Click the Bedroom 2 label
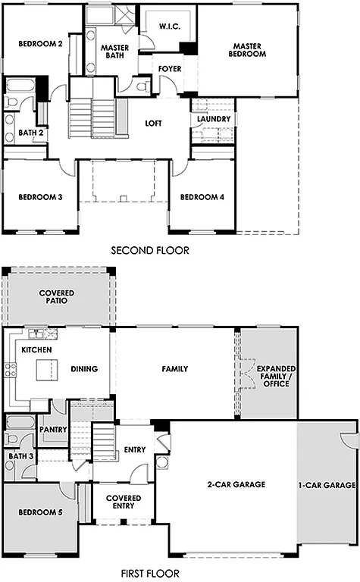pyautogui.click(x=40, y=43)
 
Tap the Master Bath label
pyautogui.click(x=114, y=52)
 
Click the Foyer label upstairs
pyautogui.click(x=169, y=69)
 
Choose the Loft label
pyautogui.click(x=155, y=124)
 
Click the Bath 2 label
pyautogui.click(x=30, y=133)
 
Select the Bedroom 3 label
pyautogui.click(x=40, y=198)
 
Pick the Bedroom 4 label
pyautogui.click(x=202, y=198)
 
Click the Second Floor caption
pyautogui.click(x=150, y=249)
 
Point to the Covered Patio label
pyautogui.click(x=58, y=296)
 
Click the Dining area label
pyautogui.click(x=84, y=369)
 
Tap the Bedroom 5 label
pyautogui.click(x=39, y=513)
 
